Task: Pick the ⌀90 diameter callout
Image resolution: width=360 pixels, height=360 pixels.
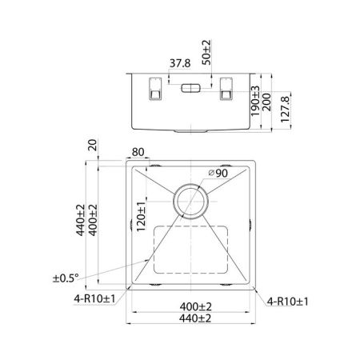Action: pyautogui.click(x=218, y=174)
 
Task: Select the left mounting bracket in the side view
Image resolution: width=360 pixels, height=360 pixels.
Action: pyautogui.click(x=154, y=90)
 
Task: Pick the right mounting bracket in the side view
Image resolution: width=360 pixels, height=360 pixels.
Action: pyautogui.click(x=226, y=90)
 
